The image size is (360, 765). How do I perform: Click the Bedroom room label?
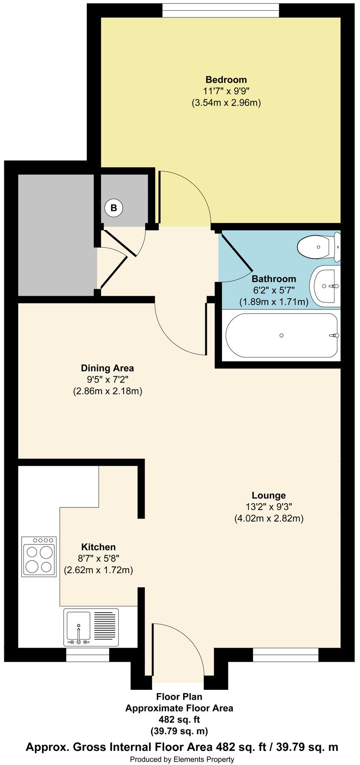pyautogui.click(x=226, y=79)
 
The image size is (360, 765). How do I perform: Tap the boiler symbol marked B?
pyautogui.click(x=113, y=208)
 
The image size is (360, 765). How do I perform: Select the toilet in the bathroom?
pyautogui.click(x=319, y=247)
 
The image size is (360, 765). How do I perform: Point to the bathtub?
pyautogui.click(x=281, y=335)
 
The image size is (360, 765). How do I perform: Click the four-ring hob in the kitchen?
pyautogui.click(x=39, y=556)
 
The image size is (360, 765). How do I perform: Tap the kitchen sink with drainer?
pyautogui.click(x=91, y=628)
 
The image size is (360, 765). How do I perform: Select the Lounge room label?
pyautogui.click(x=269, y=495)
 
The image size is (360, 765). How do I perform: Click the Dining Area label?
pyautogui.click(x=107, y=368)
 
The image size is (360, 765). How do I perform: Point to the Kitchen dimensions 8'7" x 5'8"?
pyautogui.click(x=98, y=558)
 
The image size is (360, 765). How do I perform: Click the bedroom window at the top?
pyautogui.click(x=221, y=10)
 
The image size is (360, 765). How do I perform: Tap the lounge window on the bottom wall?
pyautogui.click(x=286, y=654)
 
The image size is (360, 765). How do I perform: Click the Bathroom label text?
pyautogui.click(x=274, y=279)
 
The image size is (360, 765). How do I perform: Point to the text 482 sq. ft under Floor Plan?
pyautogui.click(x=179, y=720)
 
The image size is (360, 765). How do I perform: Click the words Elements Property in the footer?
pyautogui.click(x=204, y=759)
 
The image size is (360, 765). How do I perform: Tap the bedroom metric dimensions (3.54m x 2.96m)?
pyautogui.click(x=226, y=102)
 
